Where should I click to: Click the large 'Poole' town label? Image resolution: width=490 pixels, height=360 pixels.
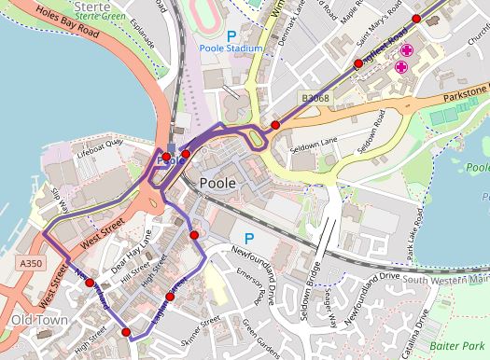(224, 183)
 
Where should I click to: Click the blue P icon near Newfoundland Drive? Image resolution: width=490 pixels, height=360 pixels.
(249, 238)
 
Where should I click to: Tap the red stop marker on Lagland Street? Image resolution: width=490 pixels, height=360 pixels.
(170, 298)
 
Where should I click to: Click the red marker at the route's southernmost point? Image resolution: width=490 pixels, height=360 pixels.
(126, 332)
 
